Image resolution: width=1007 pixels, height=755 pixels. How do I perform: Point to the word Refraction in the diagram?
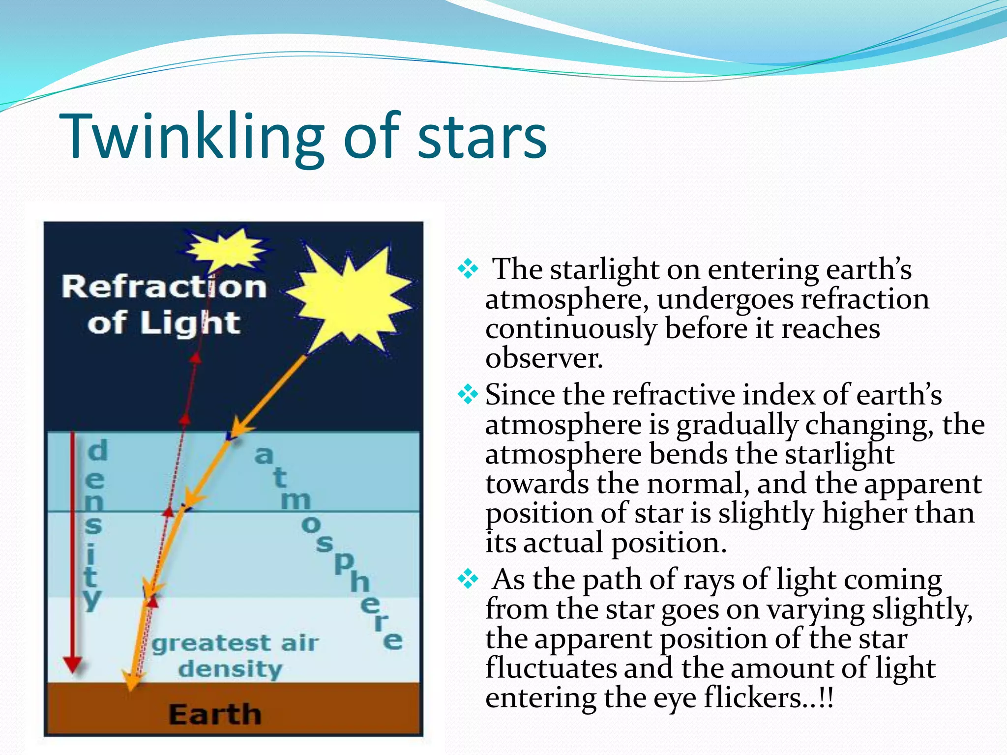click(164, 287)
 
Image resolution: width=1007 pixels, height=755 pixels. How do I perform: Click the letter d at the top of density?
click(97, 450)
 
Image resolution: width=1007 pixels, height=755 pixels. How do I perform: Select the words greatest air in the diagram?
click(235, 643)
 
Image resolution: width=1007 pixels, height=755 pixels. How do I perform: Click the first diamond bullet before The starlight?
click(468, 269)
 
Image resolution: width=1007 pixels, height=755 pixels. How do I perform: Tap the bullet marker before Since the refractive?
click(468, 394)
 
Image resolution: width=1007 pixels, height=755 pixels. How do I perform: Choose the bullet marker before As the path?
click(468, 579)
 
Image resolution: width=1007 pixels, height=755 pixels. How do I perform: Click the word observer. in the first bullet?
click(544, 358)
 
